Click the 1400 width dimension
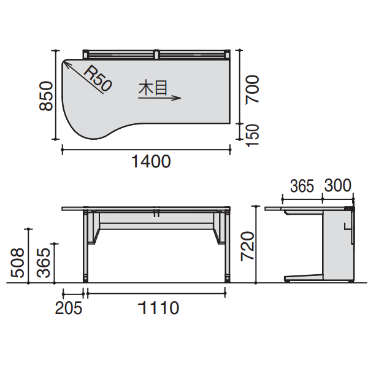pyautogui.click(x=150, y=162)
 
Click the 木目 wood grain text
pyautogui.click(x=153, y=88)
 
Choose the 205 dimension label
pyautogui.click(x=68, y=307)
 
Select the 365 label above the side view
pyautogui.click(x=302, y=186)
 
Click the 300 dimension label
pyautogui.click(x=338, y=186)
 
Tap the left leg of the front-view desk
pyautogui.click(x=87, y=245)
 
